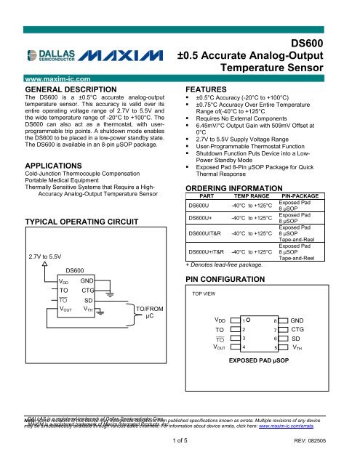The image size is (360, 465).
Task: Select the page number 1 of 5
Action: (x=180, y=442)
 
